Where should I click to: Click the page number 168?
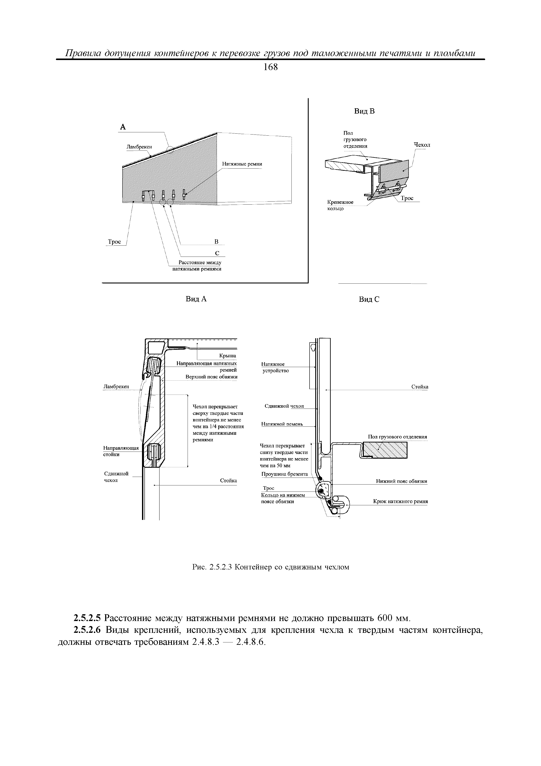click(x=270, y=67)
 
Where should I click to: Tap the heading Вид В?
click(x=364, y=111)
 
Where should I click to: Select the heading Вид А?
click(x=196, y=299)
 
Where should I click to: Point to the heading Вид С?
click(x=369, y=299)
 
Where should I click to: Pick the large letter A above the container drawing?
click(x=123, y=127)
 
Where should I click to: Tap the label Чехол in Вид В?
click(x=422, y=145)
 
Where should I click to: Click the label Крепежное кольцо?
click(x=340, y=205)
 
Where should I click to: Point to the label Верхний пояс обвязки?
click(x=211, y=377)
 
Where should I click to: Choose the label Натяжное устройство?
click(x=275, y=367)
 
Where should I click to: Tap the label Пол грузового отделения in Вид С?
click(x=397, y=437)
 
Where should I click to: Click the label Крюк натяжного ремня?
click(x=400, y=501)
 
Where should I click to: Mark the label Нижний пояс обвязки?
click(x=401, y=481)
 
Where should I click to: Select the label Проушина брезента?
click(x=284, y=474)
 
